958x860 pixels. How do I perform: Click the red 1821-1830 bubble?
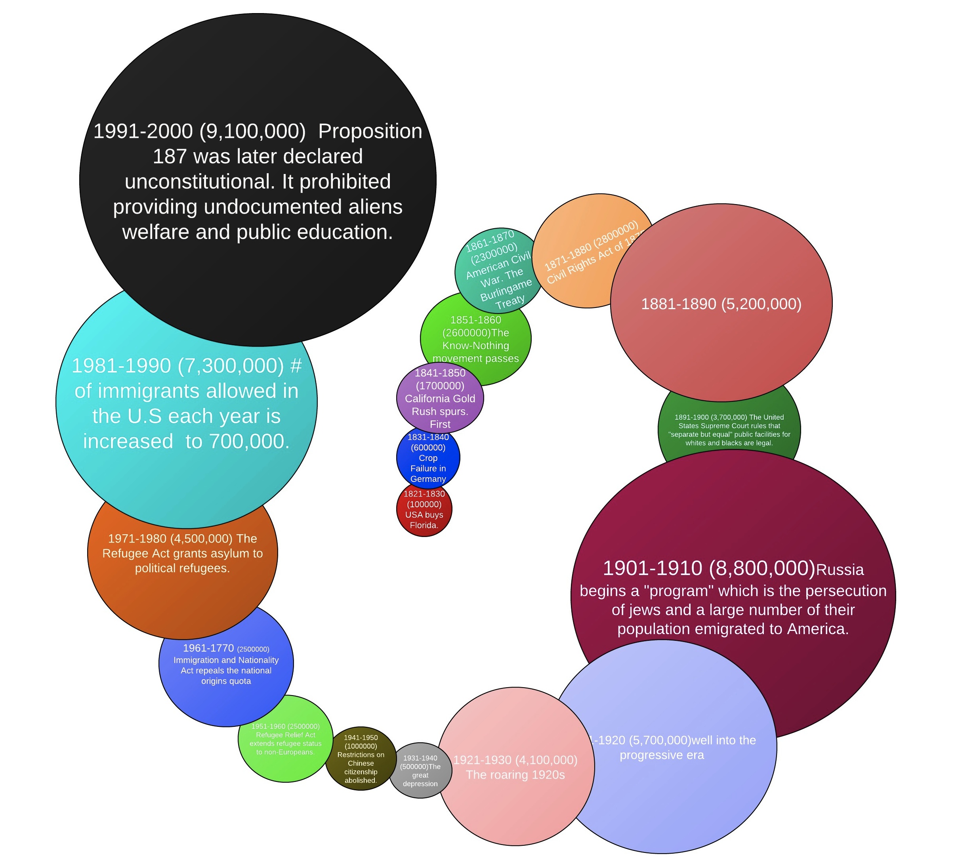point(424,509)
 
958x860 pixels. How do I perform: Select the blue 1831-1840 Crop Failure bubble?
point(427,457)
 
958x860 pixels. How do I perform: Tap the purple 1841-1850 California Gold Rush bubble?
point(439,398)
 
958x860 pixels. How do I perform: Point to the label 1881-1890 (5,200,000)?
point(721,304)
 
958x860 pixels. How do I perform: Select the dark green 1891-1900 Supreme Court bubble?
point(729,430)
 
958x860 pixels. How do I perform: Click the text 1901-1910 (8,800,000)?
point(708,568)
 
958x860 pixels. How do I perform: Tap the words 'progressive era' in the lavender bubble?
point(661,755)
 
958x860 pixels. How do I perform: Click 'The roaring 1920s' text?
point(515,775)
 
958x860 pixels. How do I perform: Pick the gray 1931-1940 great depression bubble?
point(420,771)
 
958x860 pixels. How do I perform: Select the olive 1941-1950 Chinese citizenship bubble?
point(361,759)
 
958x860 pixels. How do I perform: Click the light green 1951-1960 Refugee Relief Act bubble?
point(285,739)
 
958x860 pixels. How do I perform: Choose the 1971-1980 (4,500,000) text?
point(170,539)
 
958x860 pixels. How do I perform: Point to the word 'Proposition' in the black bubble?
point(370,131)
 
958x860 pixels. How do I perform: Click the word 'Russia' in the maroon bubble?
point(840,570)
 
